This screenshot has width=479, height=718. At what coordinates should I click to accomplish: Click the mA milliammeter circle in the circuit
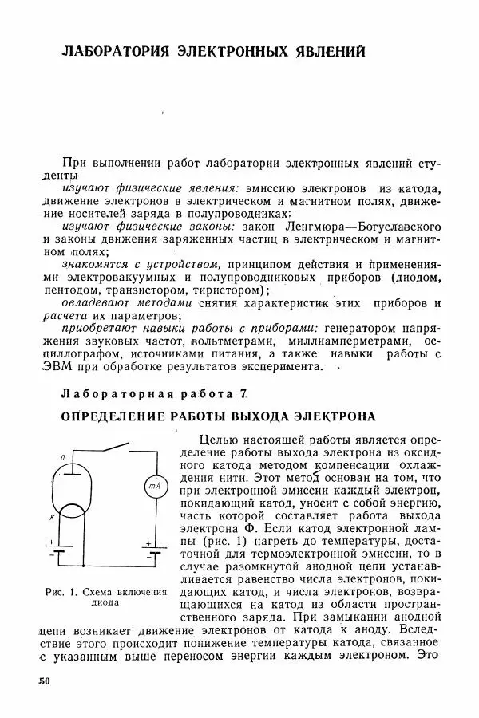pyautogui.click(x=152, y=486)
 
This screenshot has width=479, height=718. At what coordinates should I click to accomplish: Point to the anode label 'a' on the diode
pyautogui.click(x=62, y=456)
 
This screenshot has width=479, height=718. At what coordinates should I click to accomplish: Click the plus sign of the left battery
pyautogui.click(x=50, y=542)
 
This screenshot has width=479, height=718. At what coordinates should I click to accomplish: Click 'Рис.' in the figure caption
pyautogui.click(x=53, y=592)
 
